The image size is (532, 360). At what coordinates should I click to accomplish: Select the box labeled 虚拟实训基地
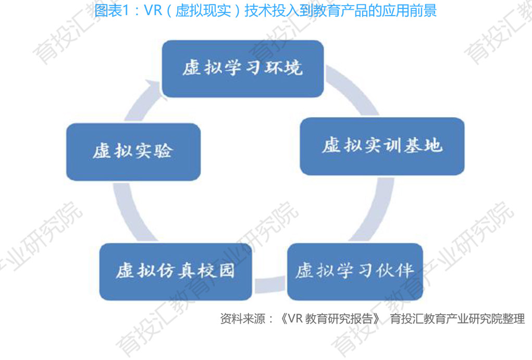click(382, 146)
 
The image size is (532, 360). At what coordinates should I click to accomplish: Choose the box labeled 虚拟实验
click(133, 152)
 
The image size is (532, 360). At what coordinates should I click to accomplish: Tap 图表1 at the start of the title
click(111, 10)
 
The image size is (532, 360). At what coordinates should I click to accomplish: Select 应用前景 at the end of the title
click(412, 10)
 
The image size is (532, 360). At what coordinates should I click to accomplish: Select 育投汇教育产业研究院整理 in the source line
click(457, 319)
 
